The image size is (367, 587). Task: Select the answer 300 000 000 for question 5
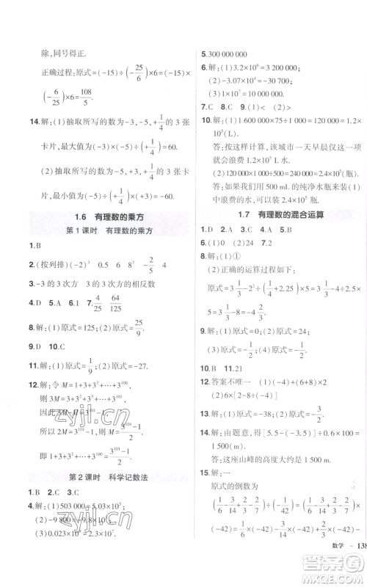click(x=228, y=54)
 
